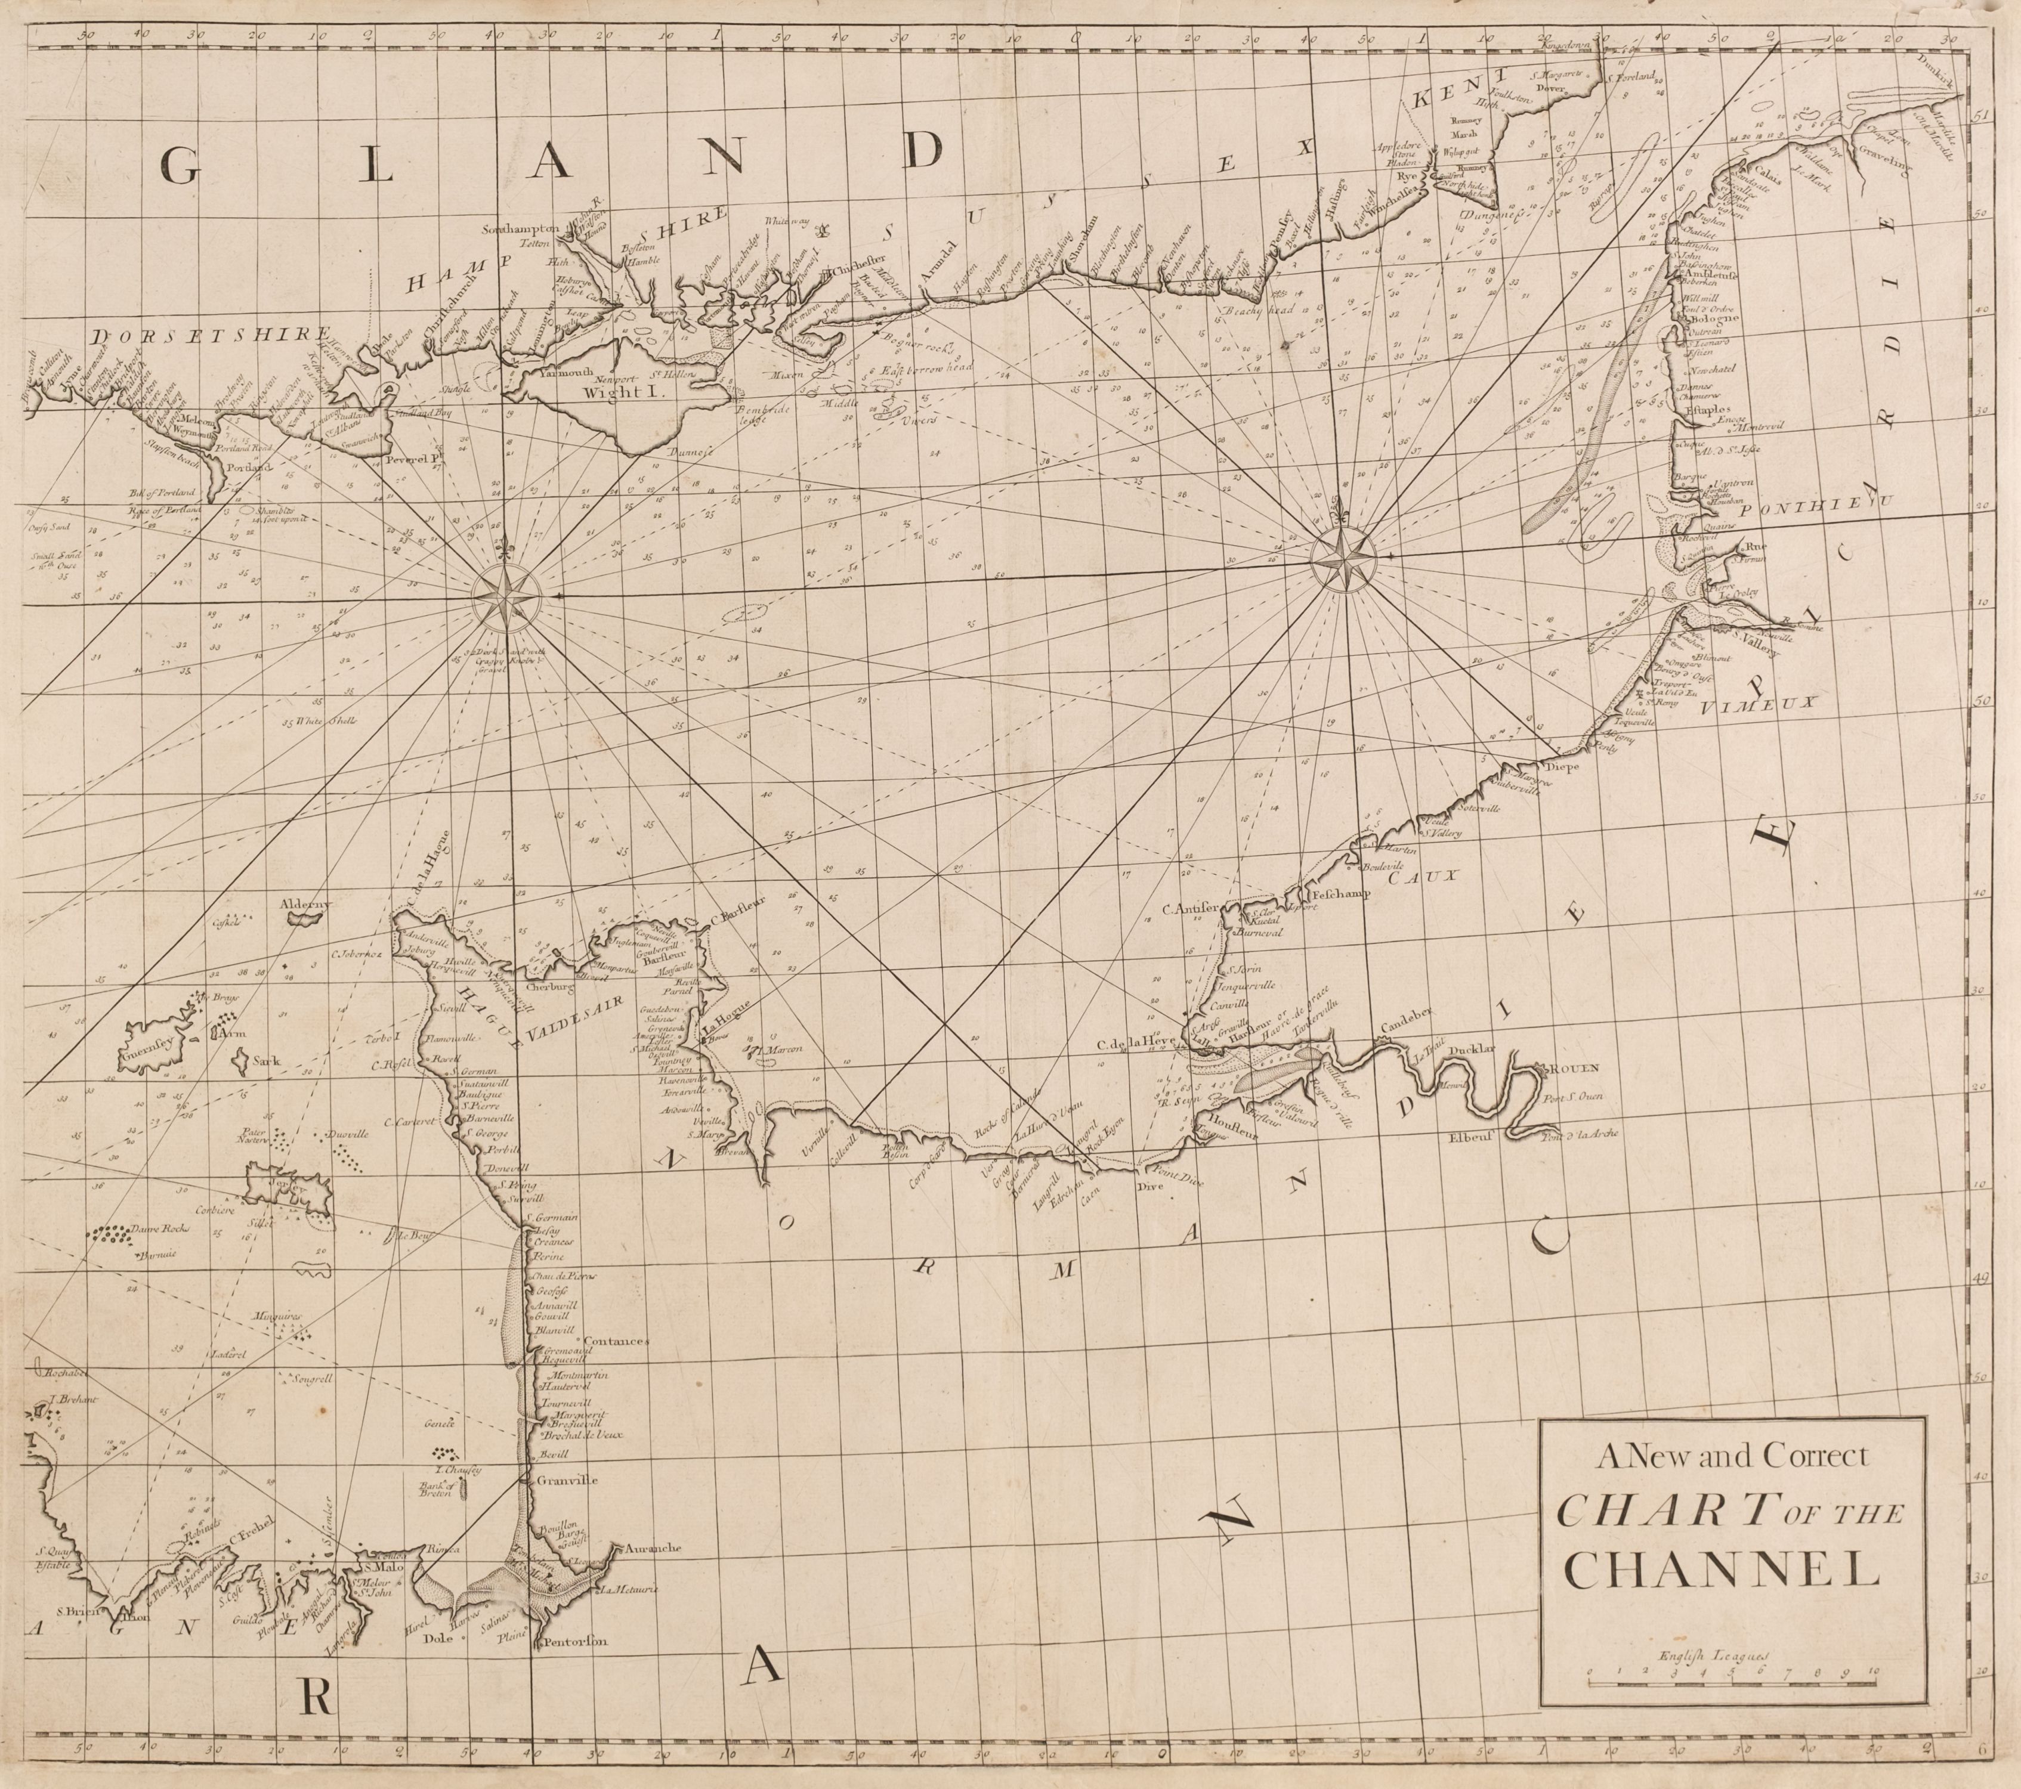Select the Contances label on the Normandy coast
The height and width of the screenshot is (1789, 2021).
[616, 1341]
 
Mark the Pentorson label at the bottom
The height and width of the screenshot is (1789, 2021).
[571, 1643]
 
